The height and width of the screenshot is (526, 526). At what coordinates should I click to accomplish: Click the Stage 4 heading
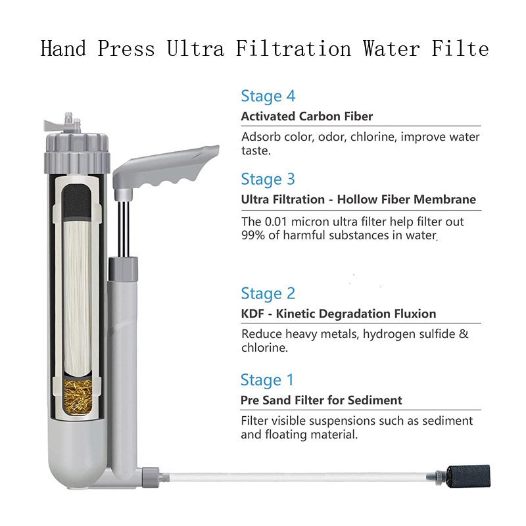tap(268, 96)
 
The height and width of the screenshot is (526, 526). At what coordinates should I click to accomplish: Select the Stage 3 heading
tap(268, 179)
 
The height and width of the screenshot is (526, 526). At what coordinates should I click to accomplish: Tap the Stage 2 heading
tap(268, 293)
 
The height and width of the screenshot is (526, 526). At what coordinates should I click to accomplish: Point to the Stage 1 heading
tap(267, 380)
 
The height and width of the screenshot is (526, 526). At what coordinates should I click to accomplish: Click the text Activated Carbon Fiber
tap(307, 116)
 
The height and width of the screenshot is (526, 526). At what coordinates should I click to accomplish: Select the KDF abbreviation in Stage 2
tap(252, 314)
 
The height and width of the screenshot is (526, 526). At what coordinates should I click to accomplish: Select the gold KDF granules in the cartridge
tap(78, 396)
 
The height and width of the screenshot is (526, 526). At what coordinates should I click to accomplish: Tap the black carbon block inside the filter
tap(77, 201)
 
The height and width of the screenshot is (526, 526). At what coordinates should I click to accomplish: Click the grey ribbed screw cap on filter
tap(77, 153)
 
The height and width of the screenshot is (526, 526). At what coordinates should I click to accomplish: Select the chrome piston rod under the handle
tap(124, 229)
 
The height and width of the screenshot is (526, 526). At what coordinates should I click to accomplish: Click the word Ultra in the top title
tap(195, 49)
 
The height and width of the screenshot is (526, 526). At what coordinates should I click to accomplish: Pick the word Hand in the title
tap(63, 49)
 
